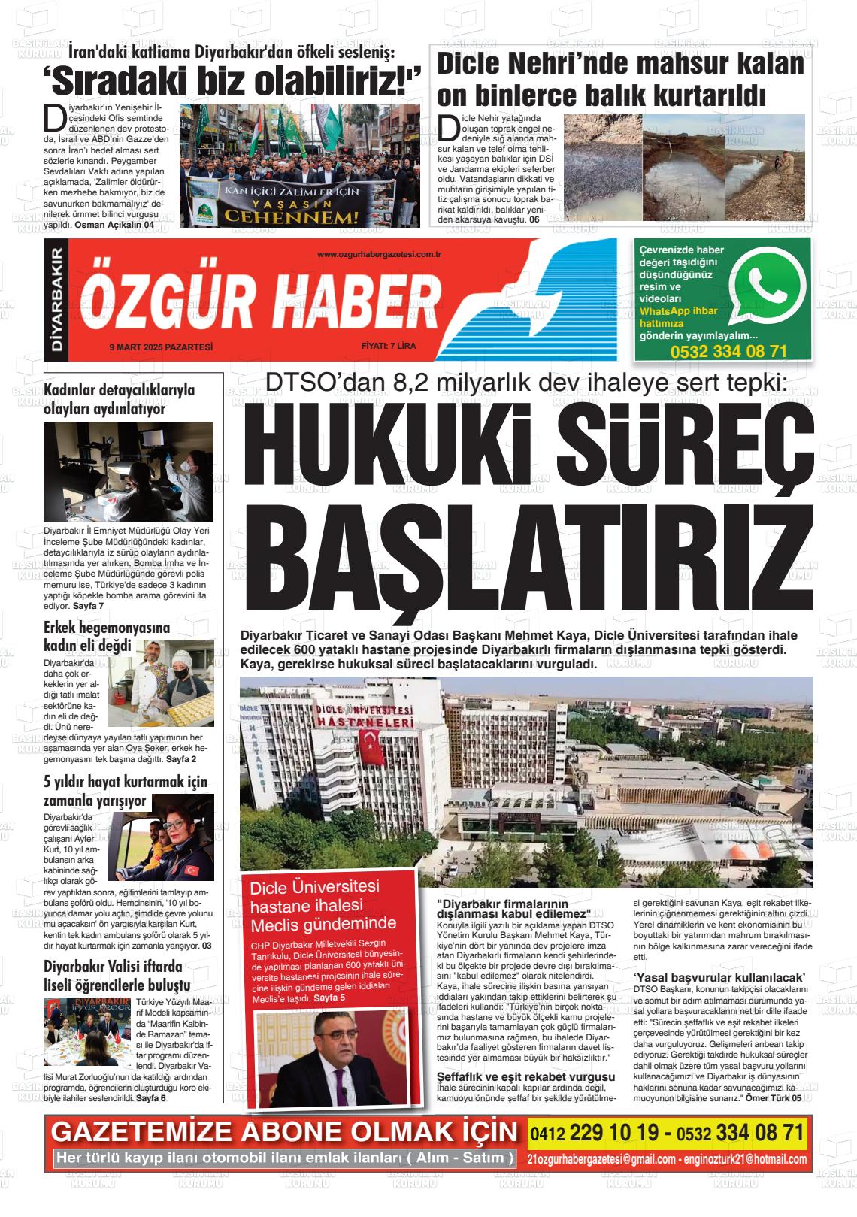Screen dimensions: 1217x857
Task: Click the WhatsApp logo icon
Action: pyautogui.click(x=768, y=283)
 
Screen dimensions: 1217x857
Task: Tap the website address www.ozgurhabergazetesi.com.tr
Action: pyautogui.click(x=379, y=256)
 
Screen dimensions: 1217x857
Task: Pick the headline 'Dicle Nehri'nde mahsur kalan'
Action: pyautogui.click(x=619, y=64)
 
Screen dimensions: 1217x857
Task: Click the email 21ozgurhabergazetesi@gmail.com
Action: pyautogui.click(x=601, y=1159)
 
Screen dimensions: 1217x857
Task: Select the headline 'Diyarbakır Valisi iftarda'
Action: pyautogui.click(x=113, y=966)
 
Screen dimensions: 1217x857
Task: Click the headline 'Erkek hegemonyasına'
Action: pyautogui.click(x=107, y=627)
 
